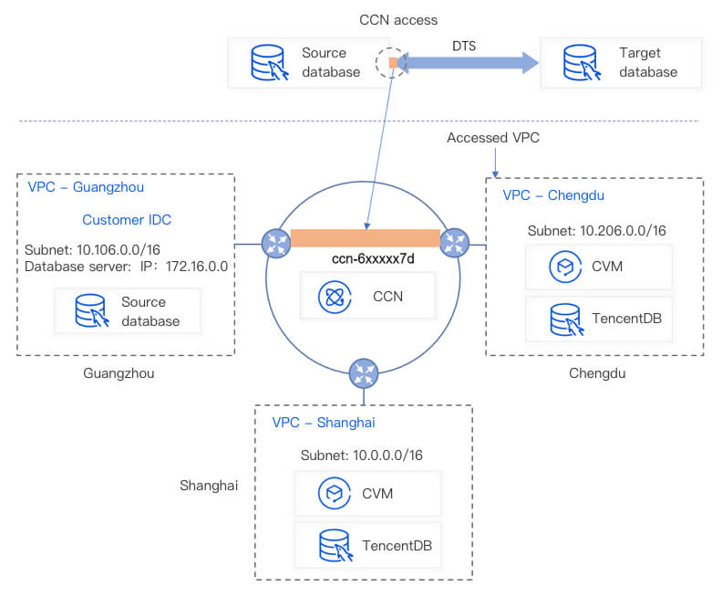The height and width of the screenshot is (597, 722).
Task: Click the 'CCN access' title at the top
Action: click(x=397, y=19)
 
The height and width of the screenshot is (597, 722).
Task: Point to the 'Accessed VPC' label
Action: click(x=493, y=138)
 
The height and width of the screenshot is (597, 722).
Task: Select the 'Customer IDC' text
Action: click(x=127, y=220)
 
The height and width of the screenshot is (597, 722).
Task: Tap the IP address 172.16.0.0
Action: click(x=194, y=267)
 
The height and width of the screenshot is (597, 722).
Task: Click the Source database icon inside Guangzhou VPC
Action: click(x=92, y=311)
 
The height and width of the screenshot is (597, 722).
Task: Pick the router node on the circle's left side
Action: click(x=275, y=242)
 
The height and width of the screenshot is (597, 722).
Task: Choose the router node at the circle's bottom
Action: click(x=363, y=372)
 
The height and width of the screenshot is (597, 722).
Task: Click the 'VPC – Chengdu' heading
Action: click(x=553, y=195)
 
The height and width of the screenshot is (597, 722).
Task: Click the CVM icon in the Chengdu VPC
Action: click(x=562, y=267)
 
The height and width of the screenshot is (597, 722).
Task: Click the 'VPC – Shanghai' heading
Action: click(x=323, y=423)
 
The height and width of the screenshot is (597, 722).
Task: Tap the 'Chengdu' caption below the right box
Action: click(x=598, y=373)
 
